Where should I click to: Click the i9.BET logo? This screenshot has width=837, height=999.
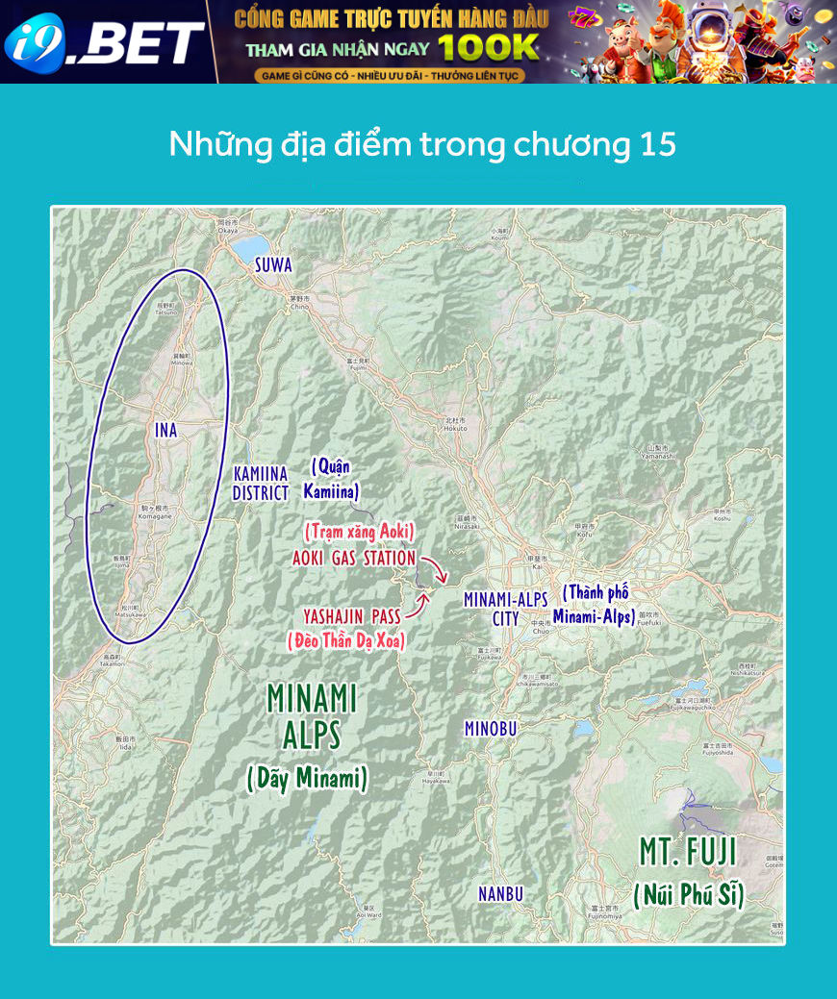pyautogui.click(x=104, y=42)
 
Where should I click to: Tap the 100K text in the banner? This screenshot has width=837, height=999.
pyautogui.click(x=489, y=47)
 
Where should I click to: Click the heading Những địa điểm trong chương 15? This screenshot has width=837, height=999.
pyautogui.click(x=422, y=144)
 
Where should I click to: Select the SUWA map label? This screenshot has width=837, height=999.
pyautogui.click(x=273, y=265)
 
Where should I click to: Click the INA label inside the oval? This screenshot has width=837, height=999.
pyautogui.click(x=166, y=431)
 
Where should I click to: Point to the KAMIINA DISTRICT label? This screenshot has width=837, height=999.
pyautogui.click(x=261, y=484)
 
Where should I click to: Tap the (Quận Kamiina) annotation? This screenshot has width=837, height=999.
pyautogui.click(x=331, y=479)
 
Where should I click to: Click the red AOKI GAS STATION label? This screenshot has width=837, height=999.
pyautogui.click(x=354, y=558)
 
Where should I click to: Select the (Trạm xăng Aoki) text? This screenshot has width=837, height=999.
pyautogui.click(x=359, y=531)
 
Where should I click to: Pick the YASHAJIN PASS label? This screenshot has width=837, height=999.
pyautogui.click(x=352, y=615)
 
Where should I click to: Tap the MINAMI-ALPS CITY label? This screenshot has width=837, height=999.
pyautogui.click(x=506, y=609)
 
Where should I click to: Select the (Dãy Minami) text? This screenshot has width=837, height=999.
pyautogui.click(x=307, y=778)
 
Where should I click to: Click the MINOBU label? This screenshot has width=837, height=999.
pyautogui.click(x=491, y=729)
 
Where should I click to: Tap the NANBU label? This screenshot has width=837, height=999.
pyautogui.click(x=501, y=894)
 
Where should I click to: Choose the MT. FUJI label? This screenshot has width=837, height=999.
pyautogui.click(x=688, y=851)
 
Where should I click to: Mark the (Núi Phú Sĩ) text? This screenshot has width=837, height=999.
pyautogui.click(x=689, y=896)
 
